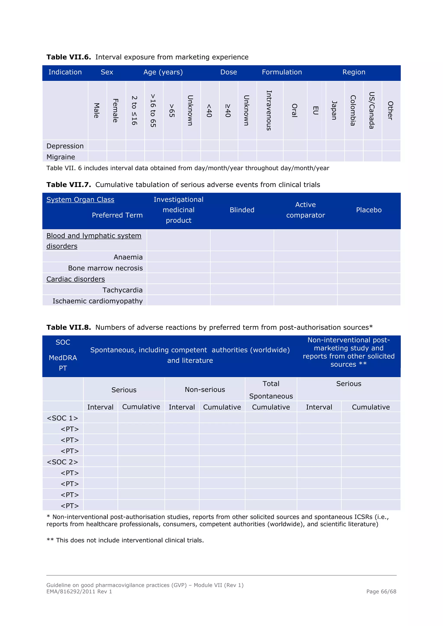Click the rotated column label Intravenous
(x=269, y=110)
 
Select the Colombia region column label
(x=353, y=110)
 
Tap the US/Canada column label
(x=372, y=110)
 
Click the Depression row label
(x=65, y=146)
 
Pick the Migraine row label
(x=61, y=157)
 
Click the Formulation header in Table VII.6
(x=282, y=72)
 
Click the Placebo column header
(x=369, y=210)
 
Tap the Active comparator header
(x=305, y=210)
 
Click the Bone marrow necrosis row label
(x=105, y=268)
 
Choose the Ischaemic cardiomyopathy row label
(x=97, y=301)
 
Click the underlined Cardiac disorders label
(x=75, y=279)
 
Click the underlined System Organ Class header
(x=80, y=200)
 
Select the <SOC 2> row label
(x=63, y=462)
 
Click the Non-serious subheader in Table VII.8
(x=205, y=390)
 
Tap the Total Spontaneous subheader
(x=271, y=390)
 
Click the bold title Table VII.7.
(x=69, y=185)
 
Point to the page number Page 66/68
(x=381, y=591)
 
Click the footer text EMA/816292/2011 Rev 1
(x=79, y=591)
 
